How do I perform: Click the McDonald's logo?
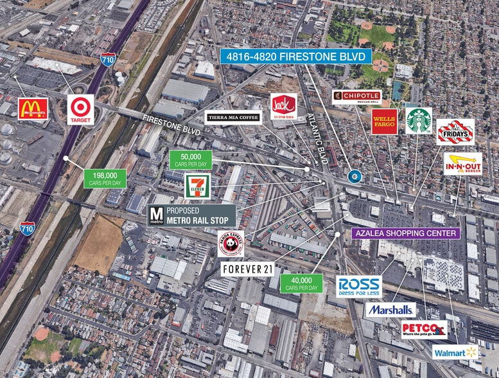[x=33, y=110]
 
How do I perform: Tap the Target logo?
[x=81, y=109]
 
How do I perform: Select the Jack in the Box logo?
[x=283, y=106]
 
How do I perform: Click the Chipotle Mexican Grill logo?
[x=356, y=97]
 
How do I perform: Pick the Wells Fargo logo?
[x=384, y=122]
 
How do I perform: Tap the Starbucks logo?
[x=419, y=121]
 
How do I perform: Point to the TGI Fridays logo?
[x=455, y=132]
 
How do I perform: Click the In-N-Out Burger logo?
[x=462, y=163]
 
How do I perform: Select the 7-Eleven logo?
[x=197, y=187]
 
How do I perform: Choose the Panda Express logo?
[x=230, y=244]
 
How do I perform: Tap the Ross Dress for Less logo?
[x=359, y=285]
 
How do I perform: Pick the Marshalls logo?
[x=390, y=310]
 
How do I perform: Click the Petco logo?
[x=424, y=330]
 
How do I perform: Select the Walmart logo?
[x=455, y=352]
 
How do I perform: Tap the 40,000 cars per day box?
[x=301, y=283]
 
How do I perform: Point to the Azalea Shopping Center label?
[x=406, y=233]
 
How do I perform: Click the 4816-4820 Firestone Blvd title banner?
[x=296, y=57]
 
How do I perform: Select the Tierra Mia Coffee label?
[x=232, y=117]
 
